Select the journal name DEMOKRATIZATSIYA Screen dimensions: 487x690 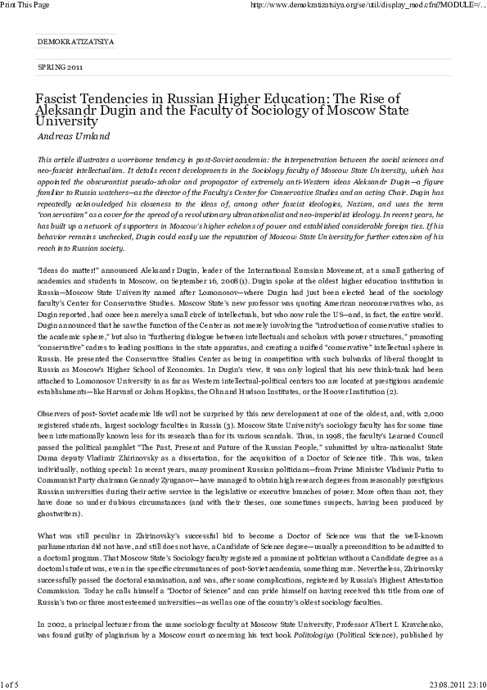(77, 39)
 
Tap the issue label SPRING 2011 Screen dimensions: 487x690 (60, 66)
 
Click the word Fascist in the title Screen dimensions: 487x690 (55, 99)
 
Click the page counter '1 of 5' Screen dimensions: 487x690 (11, 683)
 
